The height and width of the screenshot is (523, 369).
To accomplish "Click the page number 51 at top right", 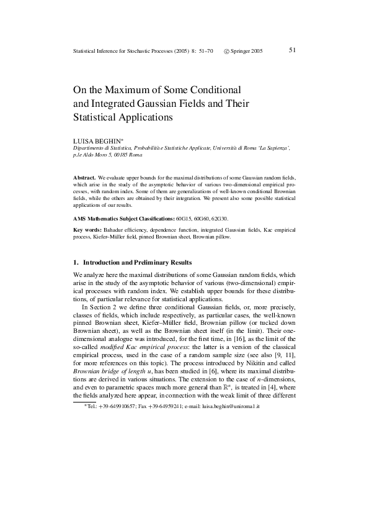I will pyautogui.click(x=293, y=50).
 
